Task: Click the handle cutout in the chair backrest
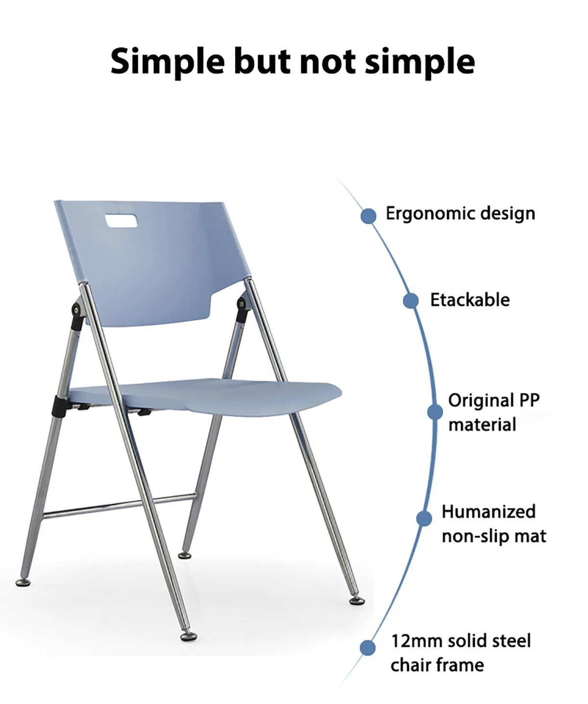121,220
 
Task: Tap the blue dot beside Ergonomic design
368,216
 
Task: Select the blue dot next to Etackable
411,300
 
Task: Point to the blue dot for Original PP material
435,412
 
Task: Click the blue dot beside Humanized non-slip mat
424,518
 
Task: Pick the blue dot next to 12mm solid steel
367,648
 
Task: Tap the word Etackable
470,300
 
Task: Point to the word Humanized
489,511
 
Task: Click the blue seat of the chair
206,396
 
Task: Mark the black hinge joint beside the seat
59,406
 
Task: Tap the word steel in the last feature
511,641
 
